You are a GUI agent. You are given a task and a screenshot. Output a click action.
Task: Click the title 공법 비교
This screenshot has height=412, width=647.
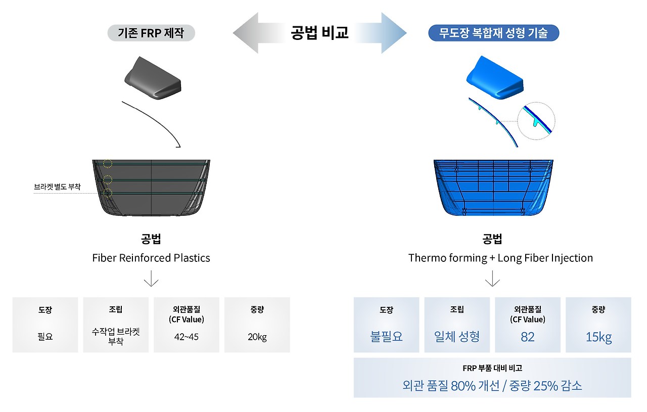tap(319, 33)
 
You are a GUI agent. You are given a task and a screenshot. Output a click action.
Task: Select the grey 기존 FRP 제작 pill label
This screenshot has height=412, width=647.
tap(151, 33)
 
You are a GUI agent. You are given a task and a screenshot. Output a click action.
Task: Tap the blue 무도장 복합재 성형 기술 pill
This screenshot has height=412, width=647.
tap(493, 33)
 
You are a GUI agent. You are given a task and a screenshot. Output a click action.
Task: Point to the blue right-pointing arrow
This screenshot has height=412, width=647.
tap(387, 33)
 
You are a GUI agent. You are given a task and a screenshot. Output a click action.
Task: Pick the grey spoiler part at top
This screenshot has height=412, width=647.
tap(152, 77)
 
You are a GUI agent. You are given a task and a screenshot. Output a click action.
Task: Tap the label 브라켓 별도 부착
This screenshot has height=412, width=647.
tap(57, 187)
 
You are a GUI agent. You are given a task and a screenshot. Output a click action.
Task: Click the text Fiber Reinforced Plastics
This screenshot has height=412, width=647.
tap(151, 258)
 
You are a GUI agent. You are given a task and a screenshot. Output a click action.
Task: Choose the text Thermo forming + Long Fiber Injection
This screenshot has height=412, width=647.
tap(500, 258)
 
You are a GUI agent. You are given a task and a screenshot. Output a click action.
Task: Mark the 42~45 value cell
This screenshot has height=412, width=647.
tap(187, 337)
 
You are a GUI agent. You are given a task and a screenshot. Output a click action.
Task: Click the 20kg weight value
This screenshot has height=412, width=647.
tap(257, 337)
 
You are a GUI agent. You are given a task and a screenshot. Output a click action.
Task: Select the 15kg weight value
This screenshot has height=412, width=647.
tap(598, 337)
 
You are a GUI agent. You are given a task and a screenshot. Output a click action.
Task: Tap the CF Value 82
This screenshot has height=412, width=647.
tap(527, 337)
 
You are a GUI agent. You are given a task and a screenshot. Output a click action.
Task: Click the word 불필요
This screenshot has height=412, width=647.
tap(386, 337)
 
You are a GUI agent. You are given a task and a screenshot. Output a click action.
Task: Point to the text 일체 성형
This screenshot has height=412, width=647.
tap(457, 337)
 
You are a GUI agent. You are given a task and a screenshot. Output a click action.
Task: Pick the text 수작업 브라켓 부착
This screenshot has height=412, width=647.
tap(116, 337)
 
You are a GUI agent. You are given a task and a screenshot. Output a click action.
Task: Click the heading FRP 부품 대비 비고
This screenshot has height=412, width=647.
tap(492, 369)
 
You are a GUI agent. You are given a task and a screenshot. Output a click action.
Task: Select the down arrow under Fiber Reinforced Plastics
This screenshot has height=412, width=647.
tap(151, 279)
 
